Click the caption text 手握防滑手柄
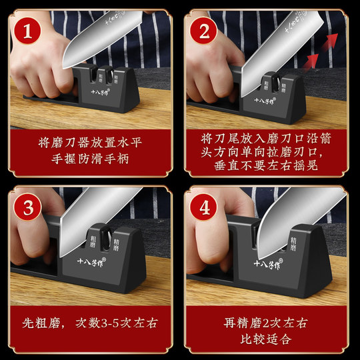tap(91, 160)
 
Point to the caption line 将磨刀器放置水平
tap(91, 142)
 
